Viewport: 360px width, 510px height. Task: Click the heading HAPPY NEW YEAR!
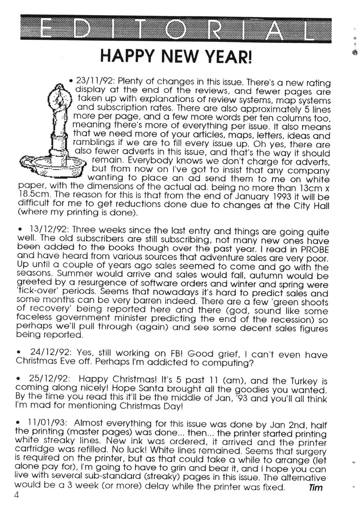pos(176,56)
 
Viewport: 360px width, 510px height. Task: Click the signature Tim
pos(315,488)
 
